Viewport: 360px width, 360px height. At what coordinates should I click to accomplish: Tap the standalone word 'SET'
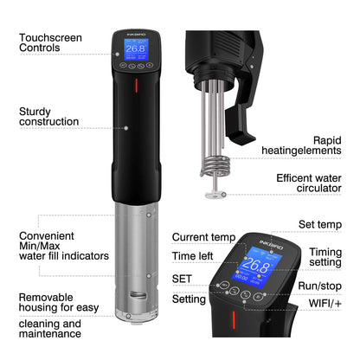(183, 280)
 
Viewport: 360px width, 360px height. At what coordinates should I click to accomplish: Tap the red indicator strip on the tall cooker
(135, 87)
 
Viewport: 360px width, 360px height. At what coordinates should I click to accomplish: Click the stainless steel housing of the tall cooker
(135, 260)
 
